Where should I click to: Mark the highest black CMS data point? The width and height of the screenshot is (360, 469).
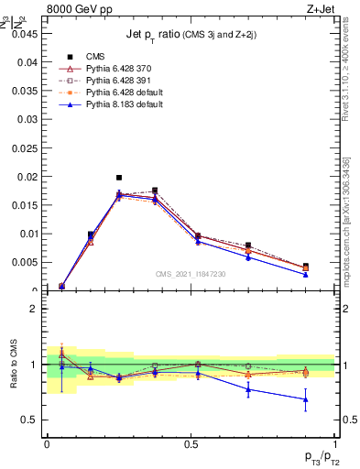pyautogui.click(x=119, y=178)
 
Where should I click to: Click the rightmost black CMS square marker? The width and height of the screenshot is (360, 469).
pyautogui.click(x=306, y=267)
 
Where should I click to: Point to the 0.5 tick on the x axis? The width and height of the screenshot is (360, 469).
pyautogui.click(x=191, y=443)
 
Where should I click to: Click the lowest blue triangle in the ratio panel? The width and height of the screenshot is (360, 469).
pyautogui.click(x=306, y=399)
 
